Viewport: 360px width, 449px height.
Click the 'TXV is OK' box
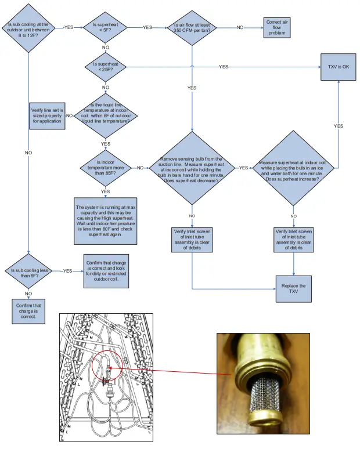[x=339, y=67]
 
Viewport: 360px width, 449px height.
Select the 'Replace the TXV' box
[x=293, y=289]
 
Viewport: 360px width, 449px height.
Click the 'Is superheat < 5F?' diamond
[x=106, y=27]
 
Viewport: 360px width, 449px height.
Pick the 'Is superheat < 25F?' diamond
[x=106, y=67]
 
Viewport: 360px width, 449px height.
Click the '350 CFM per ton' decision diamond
[x=192, y=27]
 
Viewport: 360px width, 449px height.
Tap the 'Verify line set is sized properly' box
[x=47, y=116]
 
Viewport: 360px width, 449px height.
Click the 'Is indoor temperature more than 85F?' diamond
[x=106, y=168]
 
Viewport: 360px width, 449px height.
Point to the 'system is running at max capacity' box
[x=106, y=218]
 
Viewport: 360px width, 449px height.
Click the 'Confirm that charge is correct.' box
[x=28, y=312]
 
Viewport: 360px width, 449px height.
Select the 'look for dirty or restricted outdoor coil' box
[x=106, y=271]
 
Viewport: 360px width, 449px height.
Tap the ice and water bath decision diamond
[x=293, y=168]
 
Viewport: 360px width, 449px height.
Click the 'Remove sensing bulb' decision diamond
[x=192, y=168]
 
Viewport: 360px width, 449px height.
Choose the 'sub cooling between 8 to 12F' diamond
[x=28, y=28]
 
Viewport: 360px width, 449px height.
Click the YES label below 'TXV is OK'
[x=339, y=126]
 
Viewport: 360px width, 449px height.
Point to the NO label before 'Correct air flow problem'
[x=240, y=27]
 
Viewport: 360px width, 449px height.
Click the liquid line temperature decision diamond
[x=106, y=115]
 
